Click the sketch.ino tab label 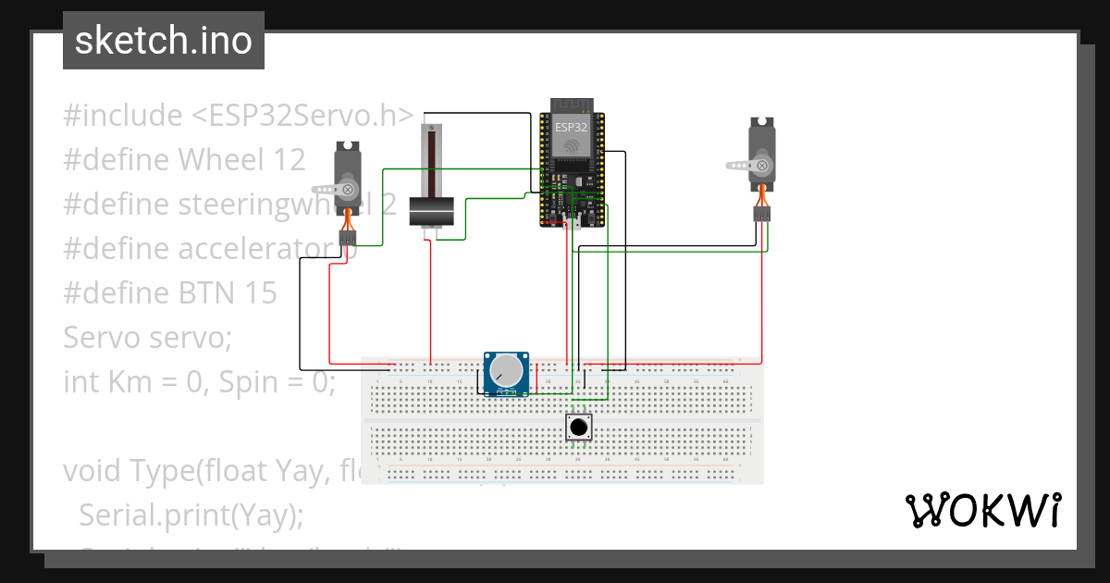click(x=163, y=41)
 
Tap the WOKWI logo click(x=981, y=510)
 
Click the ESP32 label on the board click(x=571, y=127)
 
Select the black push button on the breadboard click(x=579, y=428)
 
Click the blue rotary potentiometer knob click(x=506, y=372)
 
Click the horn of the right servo click(x=751, y=166)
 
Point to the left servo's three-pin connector click(x=348, y=237)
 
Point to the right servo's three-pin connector click(x=761, y=214)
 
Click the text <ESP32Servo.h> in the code click(x=302, y=116)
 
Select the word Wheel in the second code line click(x=220, y=160)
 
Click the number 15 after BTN click(x=261, y=293)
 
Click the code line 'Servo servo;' click(x=147, y=338)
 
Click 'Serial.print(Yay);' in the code click(x=191, y=515)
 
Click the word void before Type click(x=93, y=471)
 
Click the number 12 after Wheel click(x=290, y=160)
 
